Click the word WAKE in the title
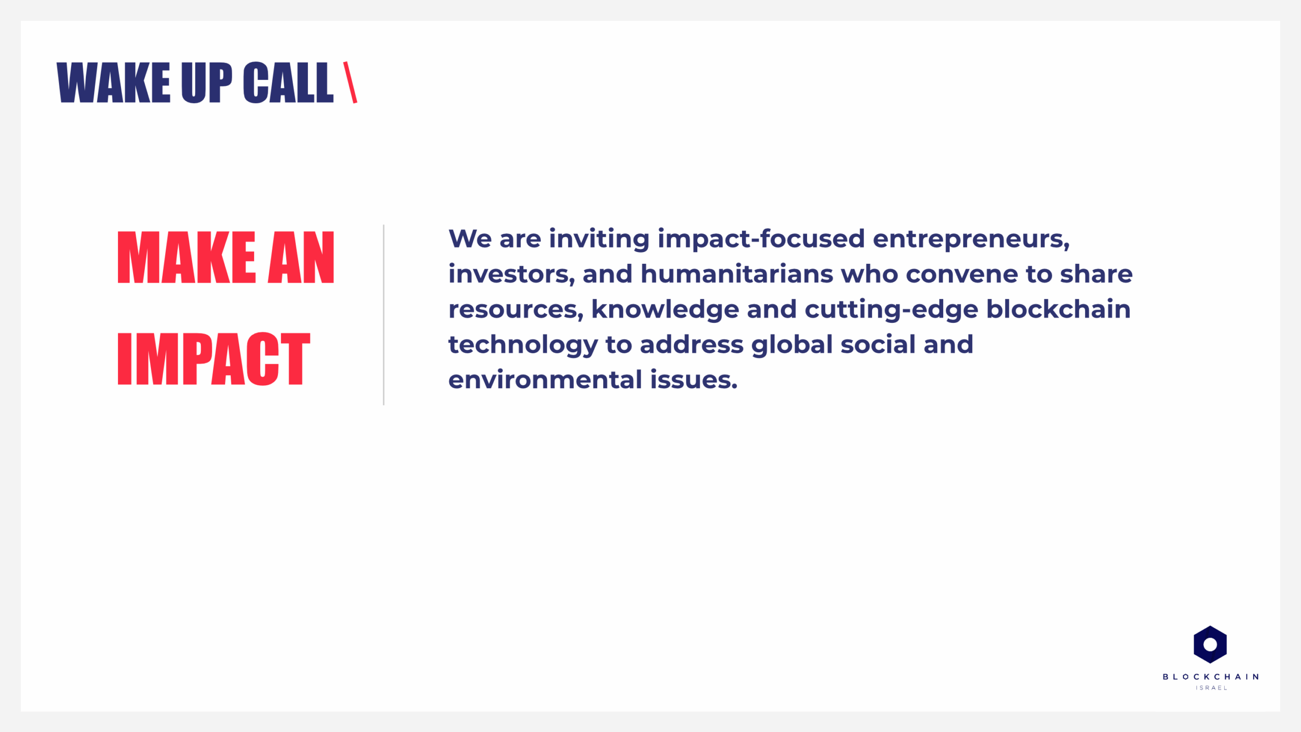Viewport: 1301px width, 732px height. [113, 82]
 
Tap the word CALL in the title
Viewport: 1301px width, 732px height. [288, 82]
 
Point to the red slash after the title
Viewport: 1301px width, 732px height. [350, 82]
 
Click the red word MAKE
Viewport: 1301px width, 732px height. [186, 257]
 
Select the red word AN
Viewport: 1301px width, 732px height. [301, 257]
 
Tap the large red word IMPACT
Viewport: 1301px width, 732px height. [214, 358]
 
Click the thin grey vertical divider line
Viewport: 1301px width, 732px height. [384, 315]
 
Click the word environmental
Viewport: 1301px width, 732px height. [545, 380]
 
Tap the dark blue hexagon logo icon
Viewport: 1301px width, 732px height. [1210, 645]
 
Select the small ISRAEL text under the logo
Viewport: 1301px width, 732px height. [1211, 688]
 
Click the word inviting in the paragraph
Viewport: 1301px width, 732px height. [599, 239]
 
